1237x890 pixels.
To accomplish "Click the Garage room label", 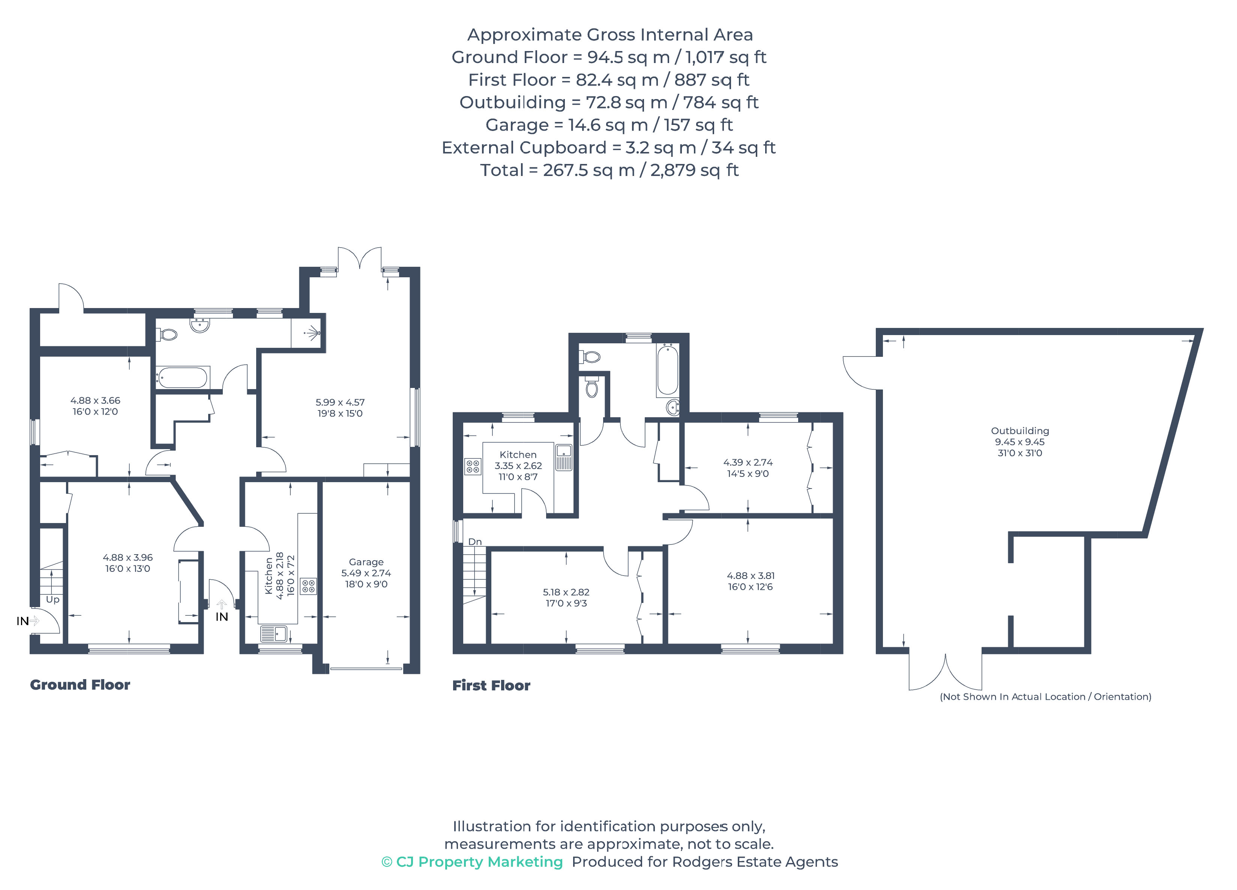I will pos(366,562).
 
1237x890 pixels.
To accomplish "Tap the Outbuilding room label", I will pos(1019,430).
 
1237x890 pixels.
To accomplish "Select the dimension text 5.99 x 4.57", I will pos(340,402).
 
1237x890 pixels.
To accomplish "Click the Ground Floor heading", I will pos(80,685).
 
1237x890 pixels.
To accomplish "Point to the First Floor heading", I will pos(491,686).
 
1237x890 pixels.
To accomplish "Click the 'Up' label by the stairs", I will pos(53,600).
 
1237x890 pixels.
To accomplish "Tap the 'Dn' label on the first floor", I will pos(474,542).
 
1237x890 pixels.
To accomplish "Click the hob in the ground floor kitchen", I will pos(308,586).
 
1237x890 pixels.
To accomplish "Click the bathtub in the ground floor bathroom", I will pos(182,377).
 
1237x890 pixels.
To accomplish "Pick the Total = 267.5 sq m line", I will pos(609,170).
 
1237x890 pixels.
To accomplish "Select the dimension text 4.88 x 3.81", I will pos(751,576).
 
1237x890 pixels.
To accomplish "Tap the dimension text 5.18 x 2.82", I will pos(566,592).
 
